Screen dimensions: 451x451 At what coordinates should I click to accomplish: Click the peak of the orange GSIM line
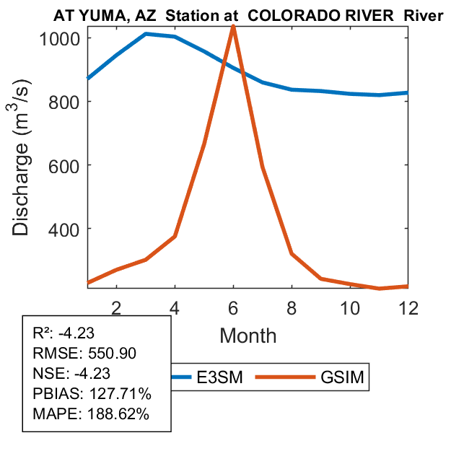point(233,27)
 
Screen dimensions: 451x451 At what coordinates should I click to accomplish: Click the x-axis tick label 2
point(116,308)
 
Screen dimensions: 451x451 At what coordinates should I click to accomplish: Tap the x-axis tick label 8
point(292,308)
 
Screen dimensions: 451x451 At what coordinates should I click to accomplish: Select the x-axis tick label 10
point(350,308)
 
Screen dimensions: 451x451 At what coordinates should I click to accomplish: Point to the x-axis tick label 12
point(408,308)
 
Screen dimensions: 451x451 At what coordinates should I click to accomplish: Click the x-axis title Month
point(248,336)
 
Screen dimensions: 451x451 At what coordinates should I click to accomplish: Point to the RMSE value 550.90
point(110,353)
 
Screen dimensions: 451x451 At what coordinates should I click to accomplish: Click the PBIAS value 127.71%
point(118,395)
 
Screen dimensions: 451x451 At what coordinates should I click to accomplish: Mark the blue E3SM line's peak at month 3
point(146,34)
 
